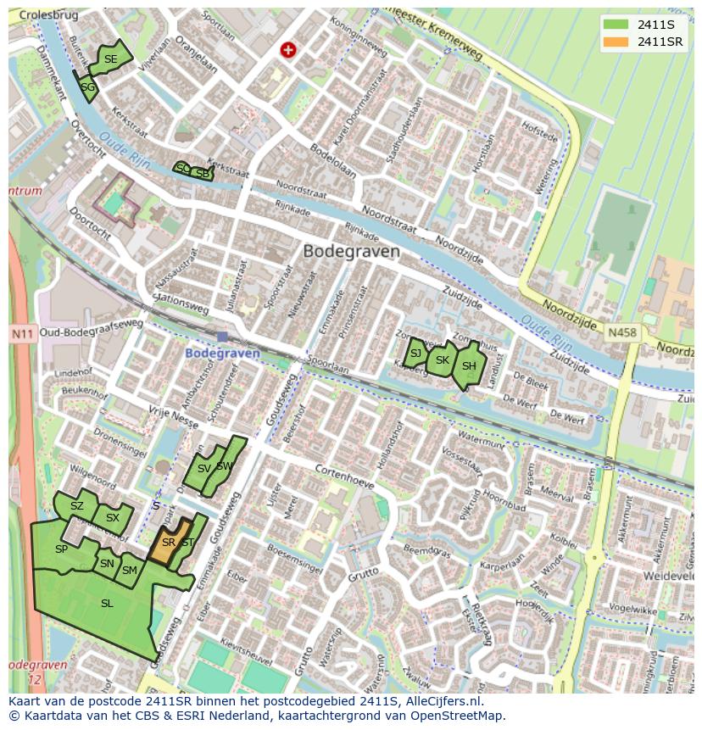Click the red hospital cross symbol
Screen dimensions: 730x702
tap(288, 51)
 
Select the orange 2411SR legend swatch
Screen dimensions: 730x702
tap(616, 42)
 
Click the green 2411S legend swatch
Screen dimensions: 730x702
tap(616, 24)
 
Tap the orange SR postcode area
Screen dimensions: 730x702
tap(167, 543)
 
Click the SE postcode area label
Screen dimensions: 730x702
tap(111, 59)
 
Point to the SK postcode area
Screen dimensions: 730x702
tap(441, 360)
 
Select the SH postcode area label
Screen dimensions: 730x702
tap(469, 366)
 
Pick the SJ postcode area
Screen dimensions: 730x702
tap(415, 354)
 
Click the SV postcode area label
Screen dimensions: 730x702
tap(203, 469)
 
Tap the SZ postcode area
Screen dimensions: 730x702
tap(77, 506)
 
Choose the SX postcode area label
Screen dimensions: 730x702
tap(113, 517)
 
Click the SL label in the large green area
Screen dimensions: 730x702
tap(107, 604)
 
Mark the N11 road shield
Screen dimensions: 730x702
tap(21, 335)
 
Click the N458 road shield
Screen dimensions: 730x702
tap(621, 334)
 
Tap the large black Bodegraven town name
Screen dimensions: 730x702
tap(351, 252)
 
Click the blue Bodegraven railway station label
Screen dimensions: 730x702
tap(222, 353)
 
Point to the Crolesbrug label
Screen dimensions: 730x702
tap(47, 14)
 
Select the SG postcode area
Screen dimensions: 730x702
tap(87, 86)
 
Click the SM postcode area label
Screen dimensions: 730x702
tap(129, 571)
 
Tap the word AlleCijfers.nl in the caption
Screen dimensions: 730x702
tap(442, 702)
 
